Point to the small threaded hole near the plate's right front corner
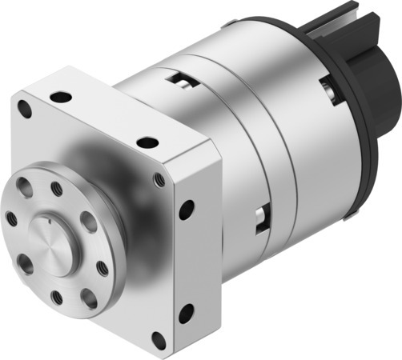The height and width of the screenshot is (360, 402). coord(159,178)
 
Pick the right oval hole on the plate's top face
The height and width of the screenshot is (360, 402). coord(147,142)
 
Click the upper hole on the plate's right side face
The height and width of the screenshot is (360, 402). coord(187,210)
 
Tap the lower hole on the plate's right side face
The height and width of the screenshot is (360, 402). coord(186,313)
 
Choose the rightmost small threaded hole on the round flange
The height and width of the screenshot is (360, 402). coord(103,267)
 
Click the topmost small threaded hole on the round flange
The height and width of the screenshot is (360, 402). coord(57,189)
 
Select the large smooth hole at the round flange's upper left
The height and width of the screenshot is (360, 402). coord(25,190)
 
